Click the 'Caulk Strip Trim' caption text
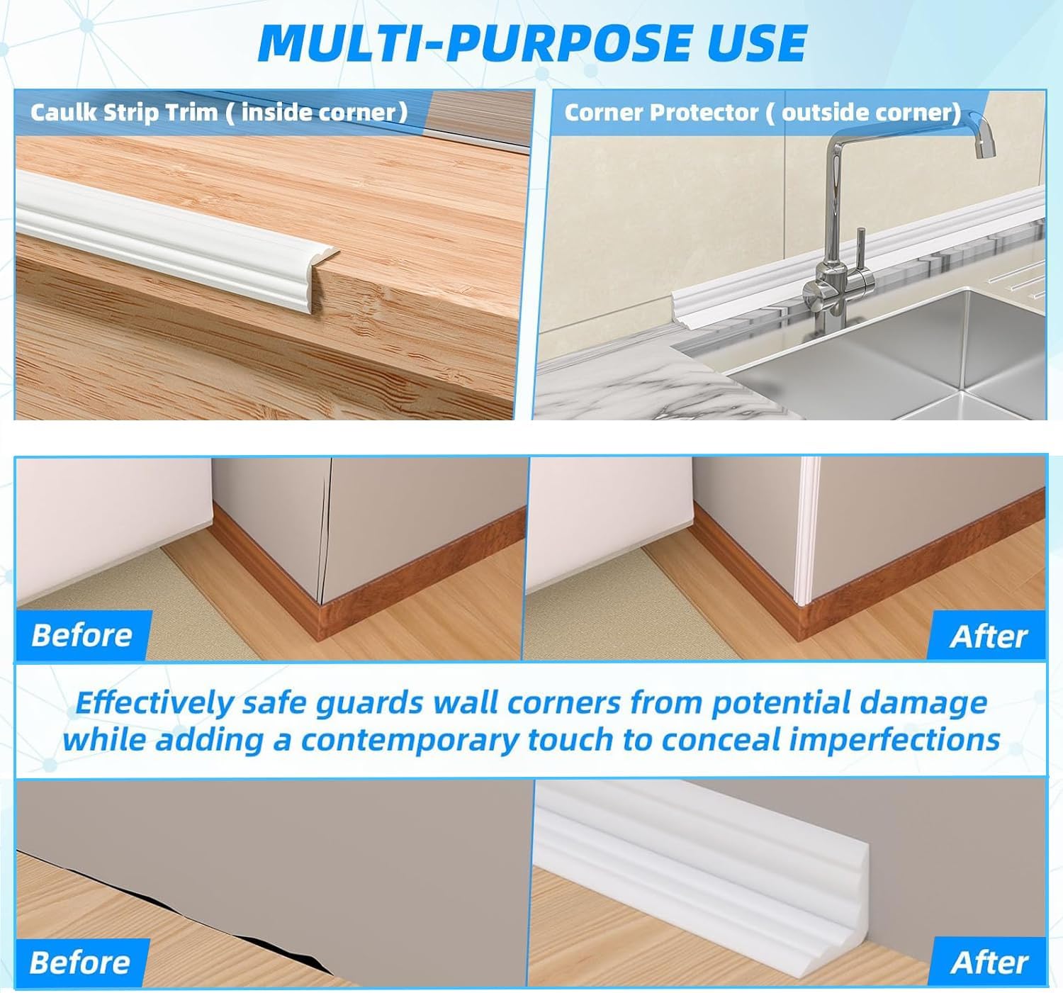click(x=124, y=113)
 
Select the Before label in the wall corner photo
click(x=82, y=635)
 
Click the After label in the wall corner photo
click(x=988, y=636)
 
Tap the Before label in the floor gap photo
click(x=80, y=963)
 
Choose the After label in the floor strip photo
click(x=989, y=963)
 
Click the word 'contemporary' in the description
click(x=410, y=740)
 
